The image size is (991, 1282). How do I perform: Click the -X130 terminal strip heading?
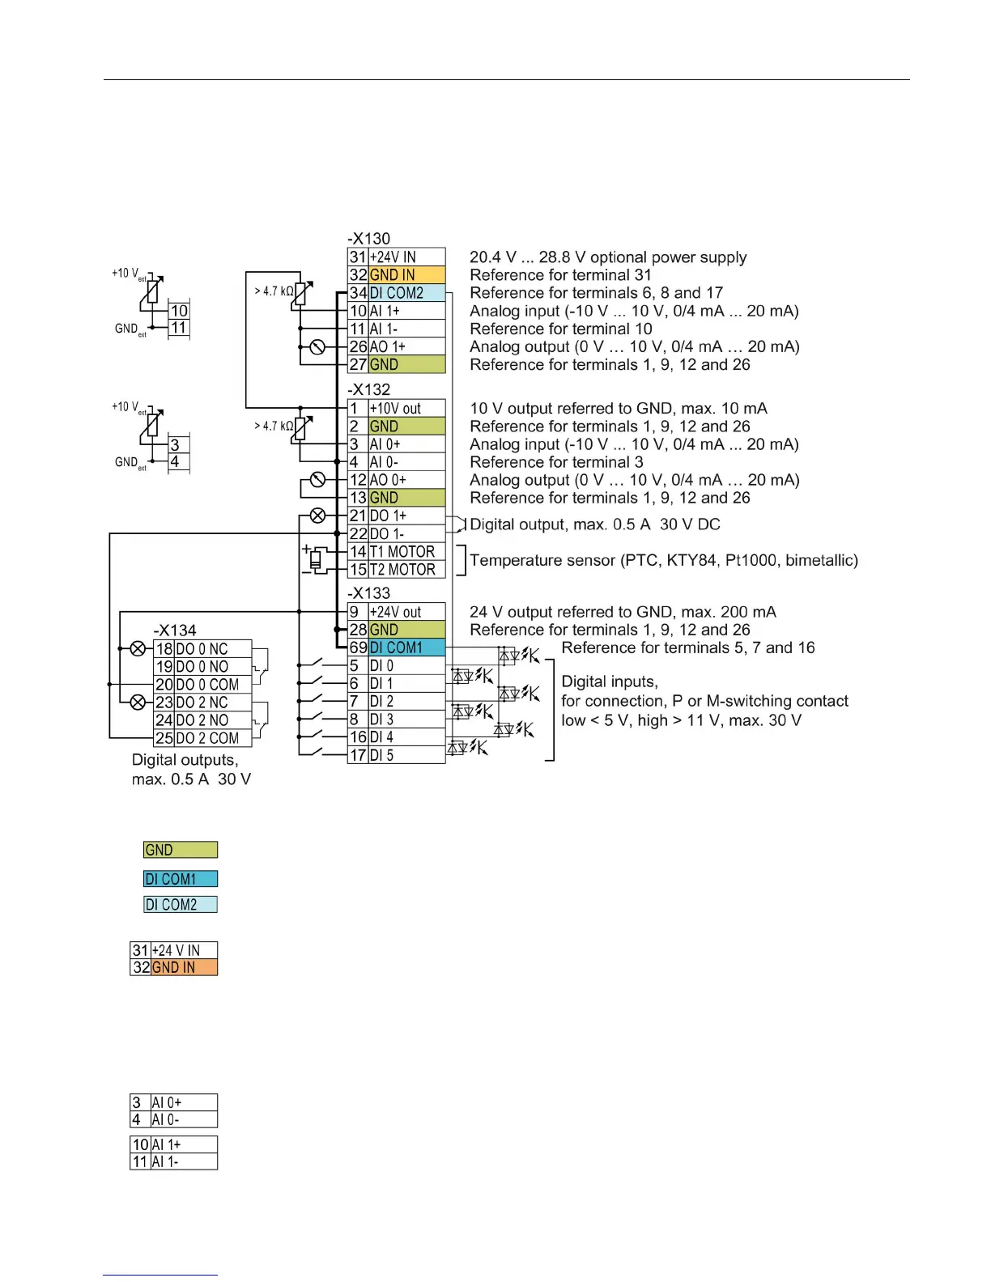(369, 239)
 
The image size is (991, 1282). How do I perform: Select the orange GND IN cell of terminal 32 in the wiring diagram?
(406, 275)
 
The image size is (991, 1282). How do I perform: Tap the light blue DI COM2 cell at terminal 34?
(406, 293)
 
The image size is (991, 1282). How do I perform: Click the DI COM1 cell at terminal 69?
(406, 647)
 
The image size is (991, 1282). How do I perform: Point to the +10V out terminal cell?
(406, 409)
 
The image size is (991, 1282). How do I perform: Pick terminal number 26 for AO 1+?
(358, 346)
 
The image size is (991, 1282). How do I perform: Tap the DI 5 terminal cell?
(406, 755)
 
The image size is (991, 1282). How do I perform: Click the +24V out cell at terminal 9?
(406, 612)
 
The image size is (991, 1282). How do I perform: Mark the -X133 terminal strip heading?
(369, 593)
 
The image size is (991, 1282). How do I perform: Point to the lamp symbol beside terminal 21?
(317, 516)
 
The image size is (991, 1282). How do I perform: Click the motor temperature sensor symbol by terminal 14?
(317, 559)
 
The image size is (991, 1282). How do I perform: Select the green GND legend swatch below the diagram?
(181, 850)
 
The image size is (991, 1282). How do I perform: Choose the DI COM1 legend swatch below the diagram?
(181, 879)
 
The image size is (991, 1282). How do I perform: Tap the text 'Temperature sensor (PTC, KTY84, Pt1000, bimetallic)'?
(664, 560)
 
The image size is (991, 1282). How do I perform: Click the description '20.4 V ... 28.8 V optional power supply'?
(608, 257)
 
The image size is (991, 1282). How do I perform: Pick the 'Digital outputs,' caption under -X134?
(185, 760)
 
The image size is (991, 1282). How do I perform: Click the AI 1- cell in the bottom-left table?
(184, 1161)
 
